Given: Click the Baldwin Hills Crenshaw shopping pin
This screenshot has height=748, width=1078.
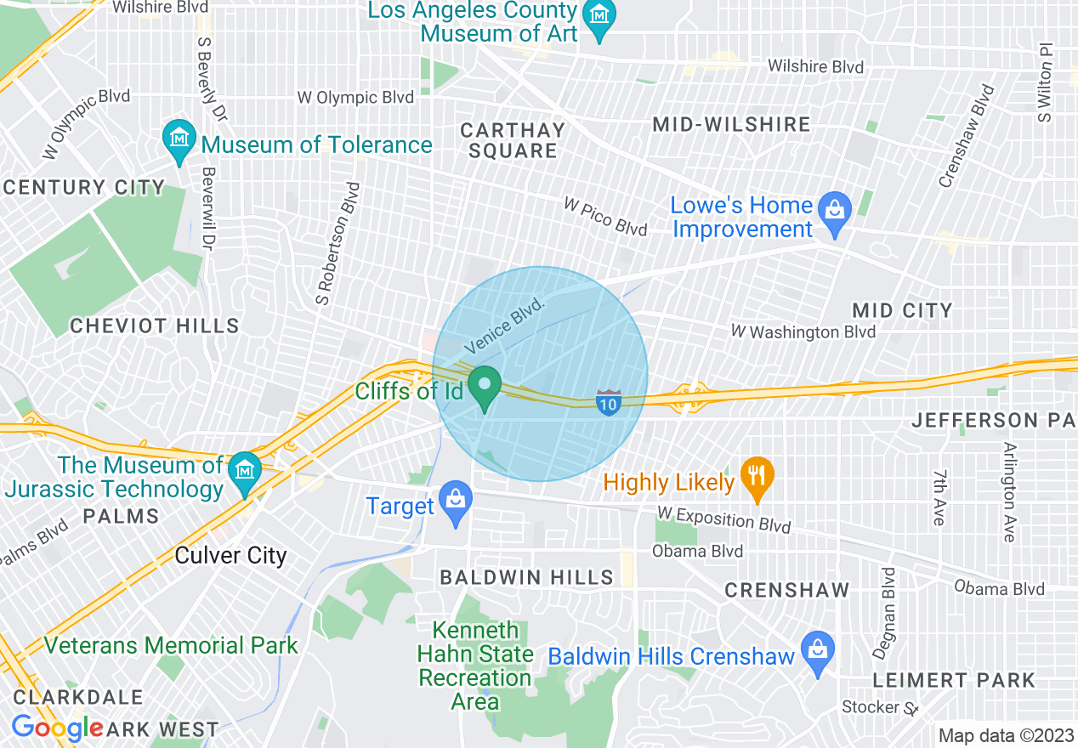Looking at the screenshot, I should pos(818,652).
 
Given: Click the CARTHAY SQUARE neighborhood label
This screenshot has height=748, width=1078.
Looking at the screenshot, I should pos(513,140).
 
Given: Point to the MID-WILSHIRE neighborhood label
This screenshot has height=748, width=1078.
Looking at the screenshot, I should pos(731,124).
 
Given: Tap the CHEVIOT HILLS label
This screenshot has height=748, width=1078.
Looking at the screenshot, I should pos(155,326).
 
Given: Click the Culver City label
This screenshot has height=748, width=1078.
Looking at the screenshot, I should pos(230,556).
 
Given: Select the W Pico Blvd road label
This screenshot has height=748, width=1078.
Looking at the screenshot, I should pos(605,217).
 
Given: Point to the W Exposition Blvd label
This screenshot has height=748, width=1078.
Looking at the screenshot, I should pos(724,520).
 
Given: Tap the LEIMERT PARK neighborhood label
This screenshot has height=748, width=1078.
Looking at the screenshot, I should pos(954,680).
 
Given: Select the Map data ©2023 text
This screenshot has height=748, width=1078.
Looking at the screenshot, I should pos(1004,735).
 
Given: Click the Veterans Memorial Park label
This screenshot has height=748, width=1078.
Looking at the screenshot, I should pos(171,645).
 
